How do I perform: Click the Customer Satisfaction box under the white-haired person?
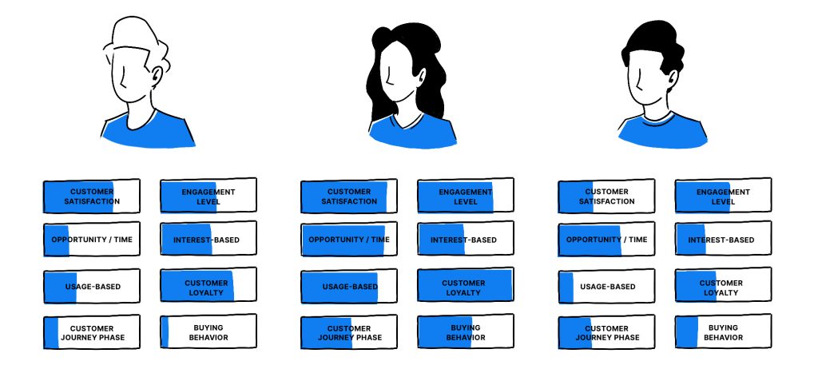pos(91,196)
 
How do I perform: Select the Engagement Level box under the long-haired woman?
pos(465,196)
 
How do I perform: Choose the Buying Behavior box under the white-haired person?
pos(208,332)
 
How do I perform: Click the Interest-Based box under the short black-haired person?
pos(723,240)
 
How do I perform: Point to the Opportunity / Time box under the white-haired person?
pos(91,240)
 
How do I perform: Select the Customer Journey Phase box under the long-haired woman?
pos(348,332)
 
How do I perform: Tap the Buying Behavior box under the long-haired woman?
pos(465,332)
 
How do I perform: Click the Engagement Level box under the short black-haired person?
pos(723,196)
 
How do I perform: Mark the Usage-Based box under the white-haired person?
pos(91,287)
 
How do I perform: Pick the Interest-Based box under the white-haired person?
pos(208,240)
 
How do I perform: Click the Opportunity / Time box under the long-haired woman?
pos(348,240)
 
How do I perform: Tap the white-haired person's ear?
pos(157,76)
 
